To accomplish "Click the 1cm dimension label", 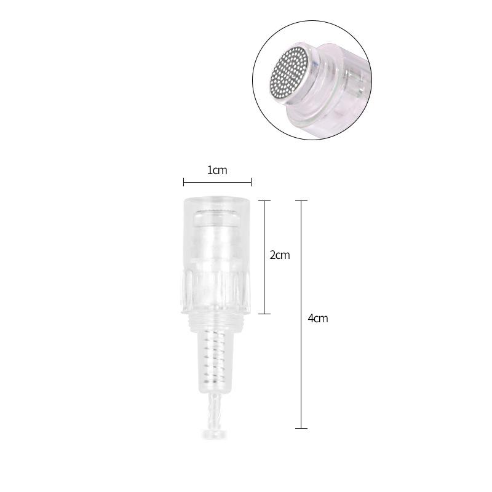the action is tap(217, 170).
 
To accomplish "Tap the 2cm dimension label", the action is tap(280, 255).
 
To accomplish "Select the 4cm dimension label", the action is tap(318, 319).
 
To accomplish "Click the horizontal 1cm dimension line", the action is tap(218, 181).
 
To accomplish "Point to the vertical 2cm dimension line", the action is tap(264, 257).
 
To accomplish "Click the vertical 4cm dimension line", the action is tap(301, 314).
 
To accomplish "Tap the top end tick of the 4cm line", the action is tap(301, 201).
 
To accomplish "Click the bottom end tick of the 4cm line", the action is tap(301, 428).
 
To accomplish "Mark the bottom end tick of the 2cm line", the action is tap(264, 314).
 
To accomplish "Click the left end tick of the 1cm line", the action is tap(184, 181).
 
